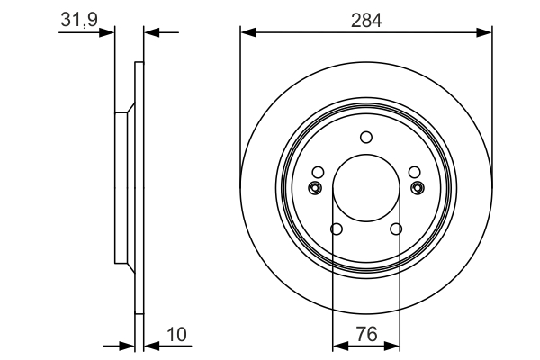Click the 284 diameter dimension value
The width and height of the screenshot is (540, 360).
(366, 20)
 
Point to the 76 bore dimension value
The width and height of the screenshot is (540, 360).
(366, 334)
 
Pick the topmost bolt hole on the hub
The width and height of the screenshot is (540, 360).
(366, 138)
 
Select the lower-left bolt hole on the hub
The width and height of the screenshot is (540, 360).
(337, 229)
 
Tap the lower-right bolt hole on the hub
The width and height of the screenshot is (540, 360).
(396, 229)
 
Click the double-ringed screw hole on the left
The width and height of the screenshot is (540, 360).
(315, 187)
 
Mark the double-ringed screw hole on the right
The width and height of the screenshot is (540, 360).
(418, 187)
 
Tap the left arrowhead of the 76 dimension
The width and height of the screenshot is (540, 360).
(339, 345)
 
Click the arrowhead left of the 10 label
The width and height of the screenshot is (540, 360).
(149, 345)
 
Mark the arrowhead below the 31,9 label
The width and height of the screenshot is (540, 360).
(110, 33)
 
